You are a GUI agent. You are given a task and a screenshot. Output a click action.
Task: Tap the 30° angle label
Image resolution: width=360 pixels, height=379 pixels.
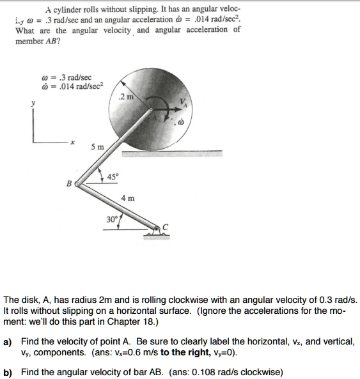pos(111,219)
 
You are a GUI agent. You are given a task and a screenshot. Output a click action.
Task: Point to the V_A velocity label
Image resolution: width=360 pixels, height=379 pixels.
pos(186,105)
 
